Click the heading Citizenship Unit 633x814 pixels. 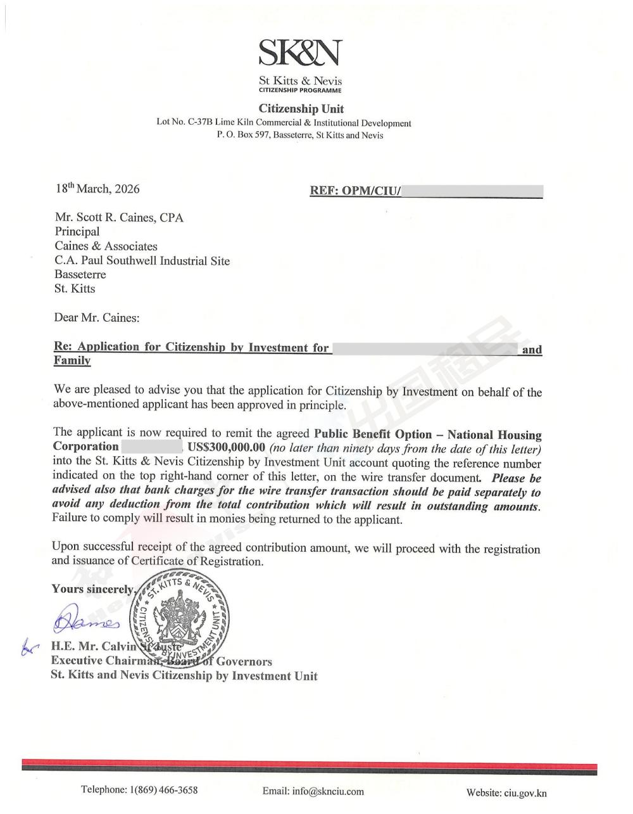click(301, 109)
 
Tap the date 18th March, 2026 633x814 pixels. click(97, 189)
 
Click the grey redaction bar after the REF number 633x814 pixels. click(472, 191)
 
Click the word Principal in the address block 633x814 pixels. click(77, 232)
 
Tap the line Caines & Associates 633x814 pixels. click(106, 246)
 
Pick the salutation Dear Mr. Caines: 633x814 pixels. click(97, 318)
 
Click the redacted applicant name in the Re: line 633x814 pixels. click(425, 347)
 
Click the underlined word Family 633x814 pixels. click(72, 360)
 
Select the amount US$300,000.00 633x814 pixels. click(227, 447)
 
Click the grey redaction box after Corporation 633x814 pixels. click(153, 447)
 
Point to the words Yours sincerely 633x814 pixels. click(93, 589)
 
